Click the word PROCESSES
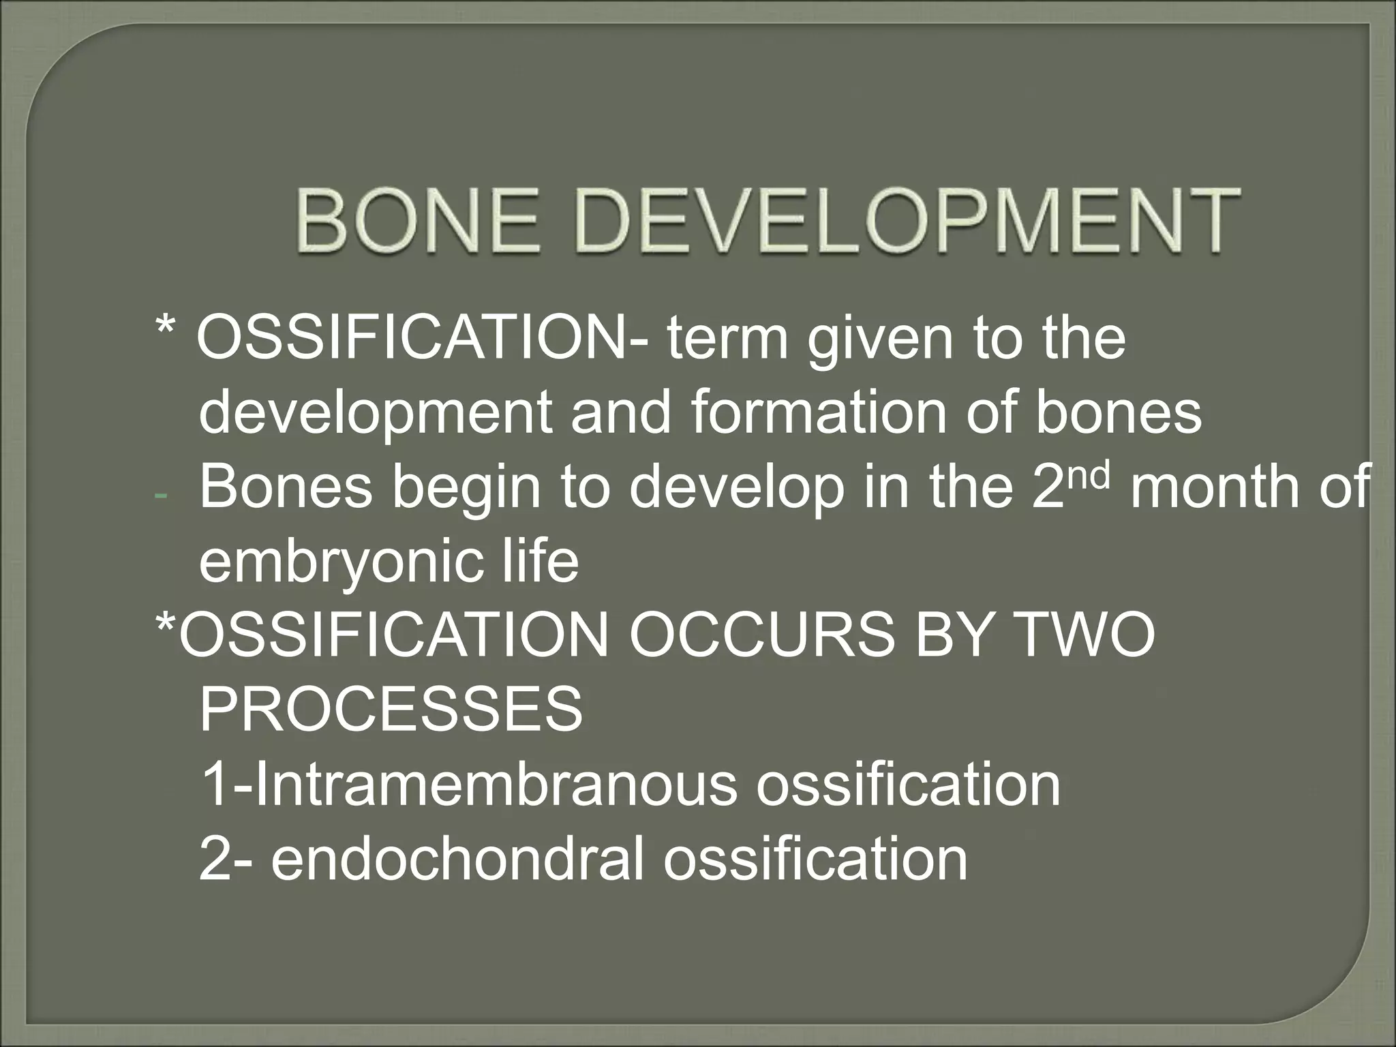(x=391, y=709)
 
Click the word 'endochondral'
(x=457, y=858)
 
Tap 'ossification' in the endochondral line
(x=815, y=858)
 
